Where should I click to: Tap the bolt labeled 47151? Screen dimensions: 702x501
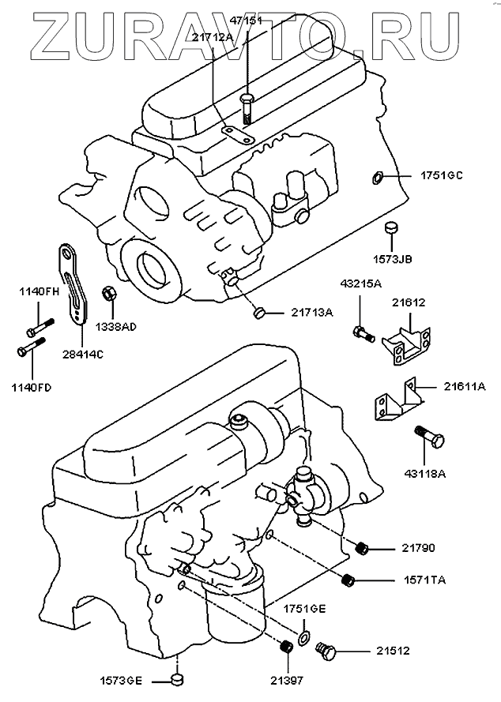(x=247, y=108)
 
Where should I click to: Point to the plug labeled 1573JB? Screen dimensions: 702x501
(x=390, y=229)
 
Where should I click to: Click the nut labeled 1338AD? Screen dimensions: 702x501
(x=109, y=295)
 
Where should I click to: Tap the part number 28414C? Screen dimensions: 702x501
(x=82, y=354)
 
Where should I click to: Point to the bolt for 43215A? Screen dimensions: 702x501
(x=364, y=332)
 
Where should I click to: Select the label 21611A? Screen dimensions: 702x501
(x=465, y=386)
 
